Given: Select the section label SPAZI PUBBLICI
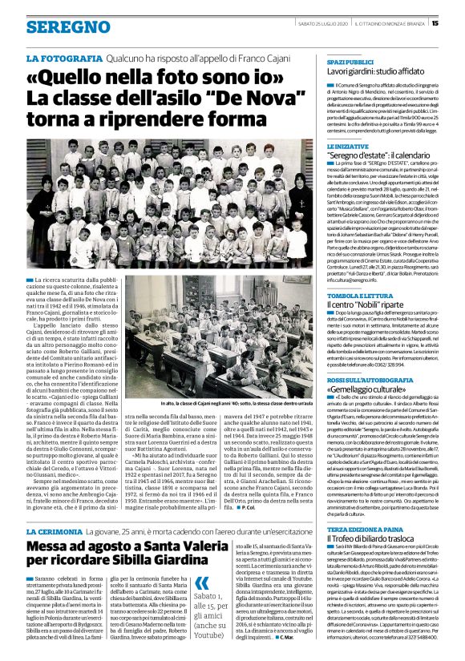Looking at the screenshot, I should pos(350,61).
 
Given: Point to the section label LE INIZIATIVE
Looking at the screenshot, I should pos(346,146).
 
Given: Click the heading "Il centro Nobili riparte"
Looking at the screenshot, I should pos(365,305).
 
